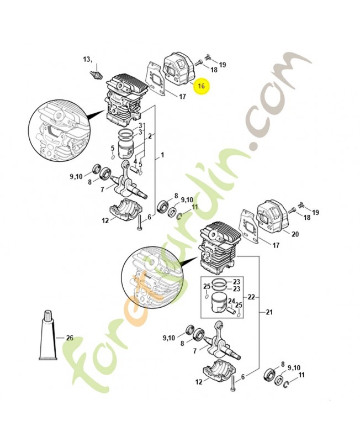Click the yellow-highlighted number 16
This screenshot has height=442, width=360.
coord(202,86)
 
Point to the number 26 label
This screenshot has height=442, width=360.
coord(70,338)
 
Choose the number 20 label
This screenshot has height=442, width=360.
coord(295,234)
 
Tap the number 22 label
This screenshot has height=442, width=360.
coord(251,297)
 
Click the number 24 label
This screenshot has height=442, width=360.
coord(232,301)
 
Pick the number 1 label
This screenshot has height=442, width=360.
coord(162,156)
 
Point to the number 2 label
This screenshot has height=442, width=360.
coord(150,136)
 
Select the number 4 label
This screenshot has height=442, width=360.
coord(134,161)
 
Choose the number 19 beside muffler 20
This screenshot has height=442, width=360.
coord(316,213)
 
